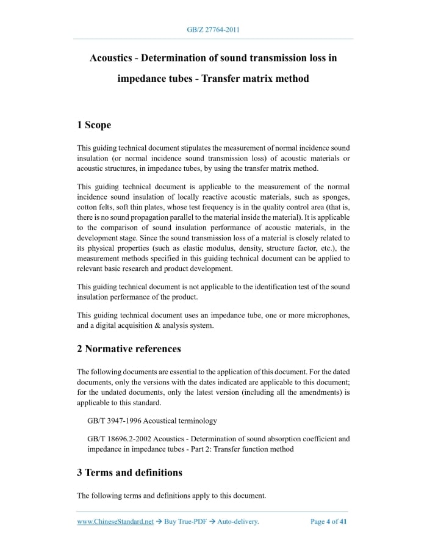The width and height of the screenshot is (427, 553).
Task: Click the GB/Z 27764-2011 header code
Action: (x=213, y=29)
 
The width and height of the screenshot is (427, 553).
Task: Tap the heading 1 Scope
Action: (x=94, y=125)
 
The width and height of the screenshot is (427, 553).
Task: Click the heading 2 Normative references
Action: (x=129, y=349)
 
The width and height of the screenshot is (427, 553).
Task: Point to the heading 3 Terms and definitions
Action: (x=129, y=472)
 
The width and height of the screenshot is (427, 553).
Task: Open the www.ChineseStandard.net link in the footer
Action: (x=115, y=522)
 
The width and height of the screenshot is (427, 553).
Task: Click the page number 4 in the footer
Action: (x=328, y=522)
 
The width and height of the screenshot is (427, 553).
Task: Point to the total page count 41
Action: (x=343, y=522)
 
